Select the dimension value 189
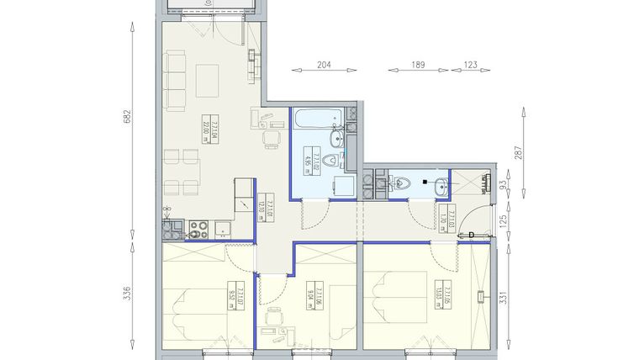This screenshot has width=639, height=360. coord(418,64)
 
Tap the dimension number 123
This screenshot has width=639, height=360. coord(470,64)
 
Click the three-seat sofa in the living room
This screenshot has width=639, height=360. coord(176,81)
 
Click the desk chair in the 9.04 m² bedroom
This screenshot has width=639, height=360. coord(274,318)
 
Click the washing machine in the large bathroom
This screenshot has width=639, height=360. coord(344,186)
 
